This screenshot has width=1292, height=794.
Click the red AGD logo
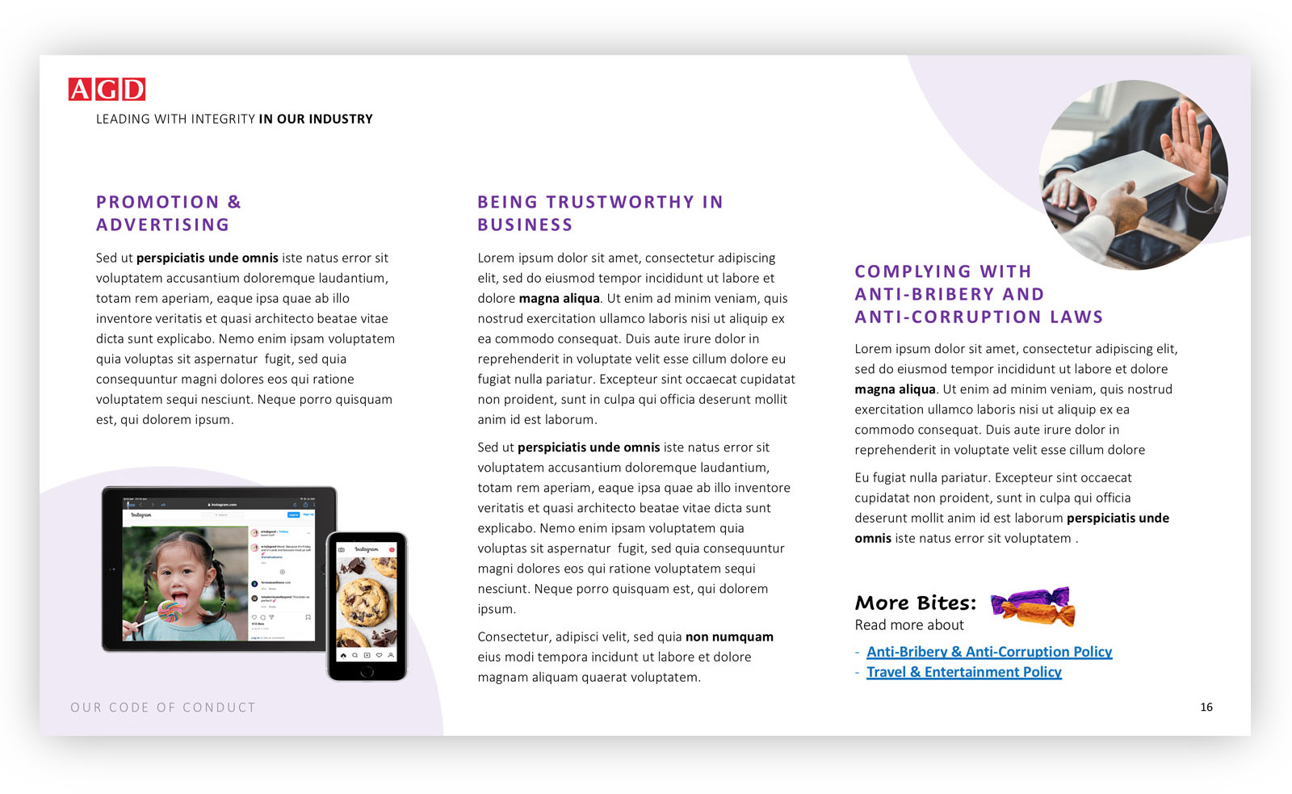pos(107,89)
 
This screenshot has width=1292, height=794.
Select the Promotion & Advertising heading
pos(168,213)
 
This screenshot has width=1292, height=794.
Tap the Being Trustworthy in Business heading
pos(599,213)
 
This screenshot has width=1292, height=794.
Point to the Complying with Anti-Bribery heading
pos(978,294)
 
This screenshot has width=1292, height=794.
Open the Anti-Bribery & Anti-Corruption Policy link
pos(988,652)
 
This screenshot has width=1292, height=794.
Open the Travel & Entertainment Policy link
pos(963,672)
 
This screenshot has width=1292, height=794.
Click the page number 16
pos(1206,708)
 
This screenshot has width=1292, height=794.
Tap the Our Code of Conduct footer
pos(162,708)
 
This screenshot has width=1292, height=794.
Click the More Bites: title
pos(915,603)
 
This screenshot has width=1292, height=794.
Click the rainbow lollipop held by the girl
pos(170,611)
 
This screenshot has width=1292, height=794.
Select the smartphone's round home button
pos(367,671)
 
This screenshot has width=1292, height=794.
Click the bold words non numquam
pos(729,637)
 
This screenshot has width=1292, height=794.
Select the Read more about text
pos(909,625)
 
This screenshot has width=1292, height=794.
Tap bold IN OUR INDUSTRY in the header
pos(316,120)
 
